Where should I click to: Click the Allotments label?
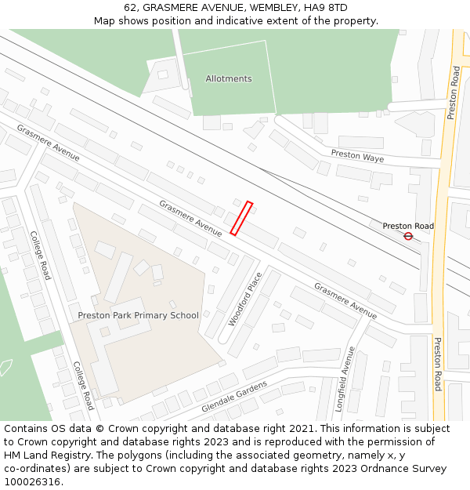[229, 78]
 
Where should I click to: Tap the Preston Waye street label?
[357, 156]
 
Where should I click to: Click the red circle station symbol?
[408, 235]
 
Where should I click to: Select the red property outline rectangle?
[241, 218]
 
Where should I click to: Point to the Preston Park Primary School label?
[139, 315]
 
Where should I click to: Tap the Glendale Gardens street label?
[234, 397]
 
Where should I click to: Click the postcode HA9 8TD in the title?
[327, 8]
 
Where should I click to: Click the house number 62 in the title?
[131, 8]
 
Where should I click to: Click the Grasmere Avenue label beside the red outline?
[190, 218]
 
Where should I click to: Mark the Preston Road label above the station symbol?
[408, 226]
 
